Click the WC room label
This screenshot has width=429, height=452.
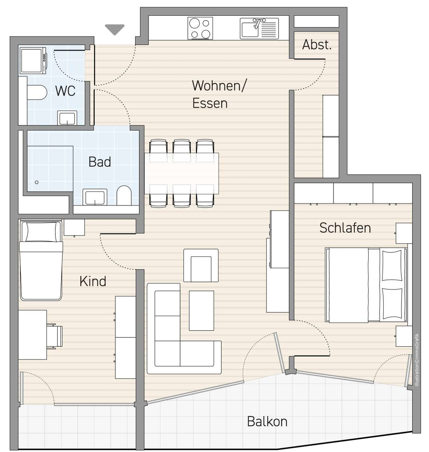pyautogui.click(x=65, y=91)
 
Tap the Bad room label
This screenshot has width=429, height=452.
pyautogui.click(x=99, y=162)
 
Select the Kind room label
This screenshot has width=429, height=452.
pyautogui.click(x=93, y=281)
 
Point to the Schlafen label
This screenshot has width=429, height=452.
pyautogui.click(x=345, y=228)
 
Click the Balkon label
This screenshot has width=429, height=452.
pyautogui.click(x=267, y=422)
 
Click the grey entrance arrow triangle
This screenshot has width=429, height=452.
pyautogui.click(x=115, y=30)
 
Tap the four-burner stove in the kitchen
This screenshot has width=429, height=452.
pyautogui.click(x=200, y=28)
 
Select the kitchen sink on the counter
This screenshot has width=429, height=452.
pyautogui.click(x=259, y=29)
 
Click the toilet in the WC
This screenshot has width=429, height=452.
pyautogui.click(x=37, y=92)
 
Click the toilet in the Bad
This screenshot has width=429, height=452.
pyautogui.click(x=124, y=195)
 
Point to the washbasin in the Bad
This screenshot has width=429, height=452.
pyautogui.click(x=95, y=197)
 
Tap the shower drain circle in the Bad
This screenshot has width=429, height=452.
pyautogui.click(x=36, y=182)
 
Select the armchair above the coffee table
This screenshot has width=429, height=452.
pyautogui.click(x=201, y=265)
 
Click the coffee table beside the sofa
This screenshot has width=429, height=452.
pyautogui.click(x=202, y=310)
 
